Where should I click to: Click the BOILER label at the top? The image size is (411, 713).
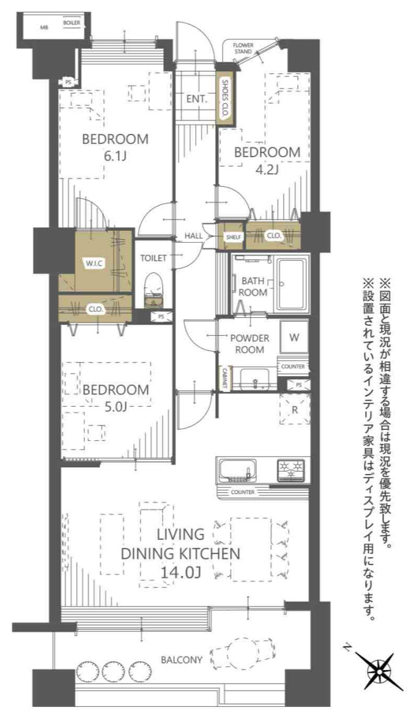click(71, 23)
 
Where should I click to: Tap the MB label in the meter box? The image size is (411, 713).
click(43, 28)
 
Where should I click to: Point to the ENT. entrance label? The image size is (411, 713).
click(197, 98)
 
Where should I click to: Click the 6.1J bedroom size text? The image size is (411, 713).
click(114, 157)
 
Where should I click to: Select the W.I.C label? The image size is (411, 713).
click(95, 264)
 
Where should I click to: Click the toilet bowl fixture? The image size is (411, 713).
click(153, 288)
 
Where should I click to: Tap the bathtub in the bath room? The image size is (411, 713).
click(293, 285)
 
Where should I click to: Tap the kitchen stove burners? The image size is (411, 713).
click(291, 470)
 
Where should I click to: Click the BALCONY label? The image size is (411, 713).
click(182, 660)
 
